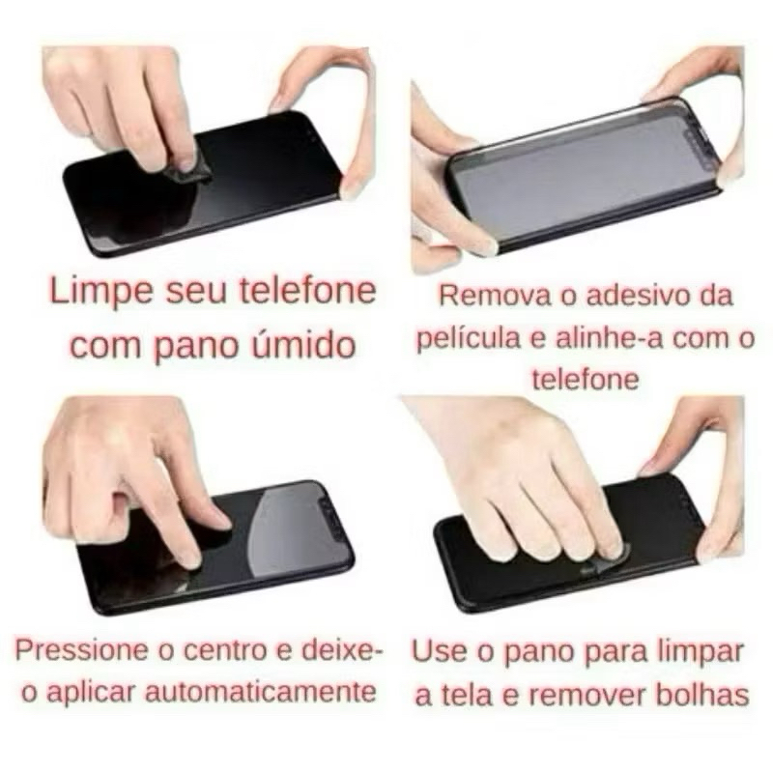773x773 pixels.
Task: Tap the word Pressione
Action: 81,650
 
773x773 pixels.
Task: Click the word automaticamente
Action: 260,692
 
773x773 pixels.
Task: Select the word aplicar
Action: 91,692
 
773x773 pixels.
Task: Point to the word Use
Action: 439,651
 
